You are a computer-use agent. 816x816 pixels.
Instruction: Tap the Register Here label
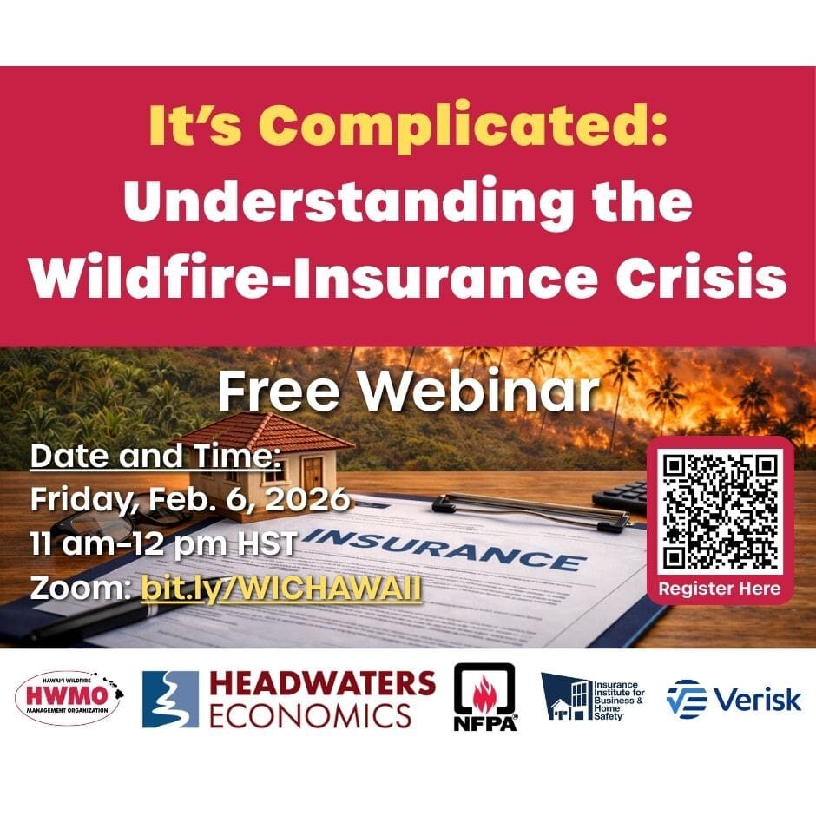click(x=719, y=589)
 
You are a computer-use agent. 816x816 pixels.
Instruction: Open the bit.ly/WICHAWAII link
click(x=281, y=588)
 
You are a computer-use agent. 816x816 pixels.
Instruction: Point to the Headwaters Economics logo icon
click(x=170, y=699)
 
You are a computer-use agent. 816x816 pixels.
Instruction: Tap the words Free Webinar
click(x=408, y=392)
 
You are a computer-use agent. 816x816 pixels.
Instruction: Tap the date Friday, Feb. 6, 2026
click(x=190, y=499)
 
